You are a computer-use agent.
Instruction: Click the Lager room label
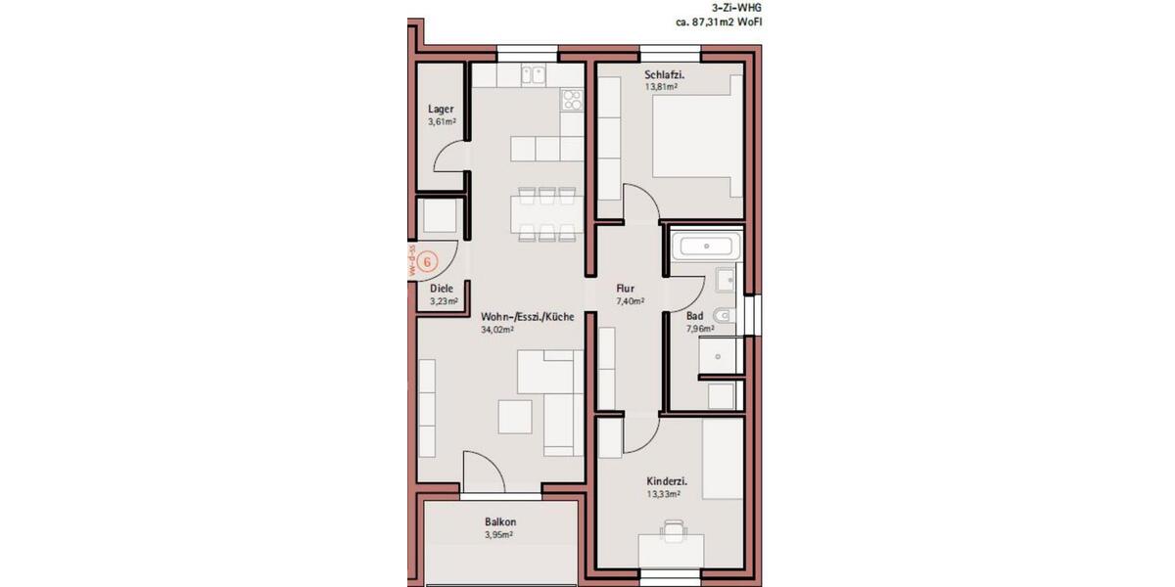[441, 109]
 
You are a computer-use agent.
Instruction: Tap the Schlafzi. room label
[663, 74]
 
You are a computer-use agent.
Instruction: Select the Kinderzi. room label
[666, 481]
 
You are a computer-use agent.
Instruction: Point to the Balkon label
[499, 521]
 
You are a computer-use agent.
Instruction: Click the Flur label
[625, 289]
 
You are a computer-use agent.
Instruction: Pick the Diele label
[443, 289]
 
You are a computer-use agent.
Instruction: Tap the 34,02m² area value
[497, 331]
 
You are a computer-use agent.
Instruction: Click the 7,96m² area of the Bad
[699, 330]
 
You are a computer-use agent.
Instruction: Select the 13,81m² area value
[661, 87]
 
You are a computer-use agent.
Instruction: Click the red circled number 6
[426, 262]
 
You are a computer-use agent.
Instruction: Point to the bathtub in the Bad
[707, 247]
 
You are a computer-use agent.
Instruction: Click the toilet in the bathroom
[723, 317]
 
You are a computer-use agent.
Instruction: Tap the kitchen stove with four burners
[572, 99]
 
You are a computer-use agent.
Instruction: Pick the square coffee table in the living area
[515, 417]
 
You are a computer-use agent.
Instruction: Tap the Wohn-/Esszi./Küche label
[527, 317]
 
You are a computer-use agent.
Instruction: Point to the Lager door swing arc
[447, 158]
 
